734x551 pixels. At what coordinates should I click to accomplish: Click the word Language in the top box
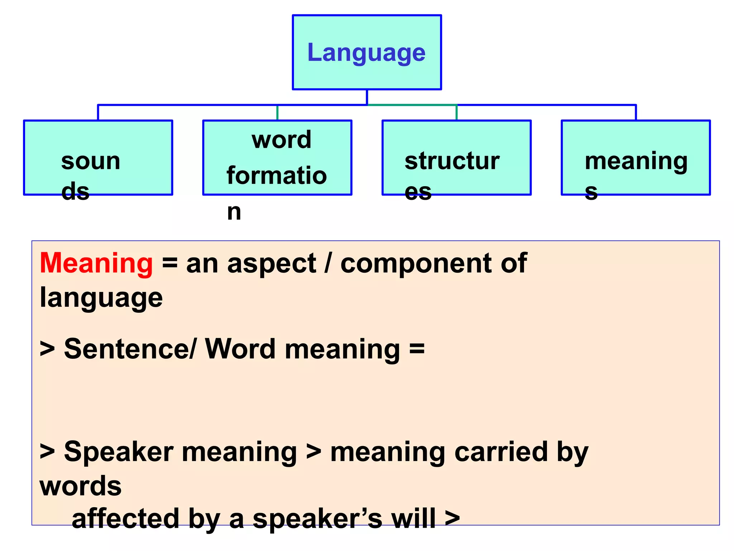pos(366,53)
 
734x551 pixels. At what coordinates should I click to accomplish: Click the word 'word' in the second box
pos(281,140)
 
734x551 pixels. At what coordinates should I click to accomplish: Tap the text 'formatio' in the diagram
pos(277,175)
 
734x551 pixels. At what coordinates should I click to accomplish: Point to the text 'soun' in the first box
pos(91,161)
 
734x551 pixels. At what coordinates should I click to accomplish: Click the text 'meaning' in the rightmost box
pos(636,161)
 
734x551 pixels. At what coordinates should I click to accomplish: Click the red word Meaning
pos(96,263)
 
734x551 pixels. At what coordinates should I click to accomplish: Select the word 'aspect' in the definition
pos(272,263)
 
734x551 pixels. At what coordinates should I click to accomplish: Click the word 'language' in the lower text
pos(101,298)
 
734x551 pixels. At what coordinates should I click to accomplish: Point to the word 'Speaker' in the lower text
pos(119,452)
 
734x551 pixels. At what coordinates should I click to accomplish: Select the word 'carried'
pos(501,452)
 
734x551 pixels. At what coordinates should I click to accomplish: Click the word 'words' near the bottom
pos(81,486)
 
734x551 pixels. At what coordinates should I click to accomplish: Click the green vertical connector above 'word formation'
pos(277,113)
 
